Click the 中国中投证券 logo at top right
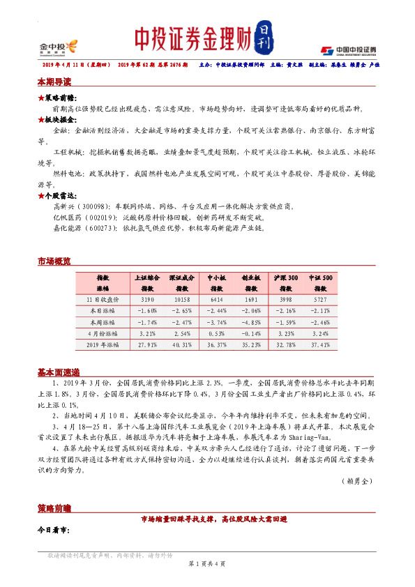pyautogui.click(x=349, y=49)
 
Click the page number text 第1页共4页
pyautogui.click(x=207, y=563)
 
